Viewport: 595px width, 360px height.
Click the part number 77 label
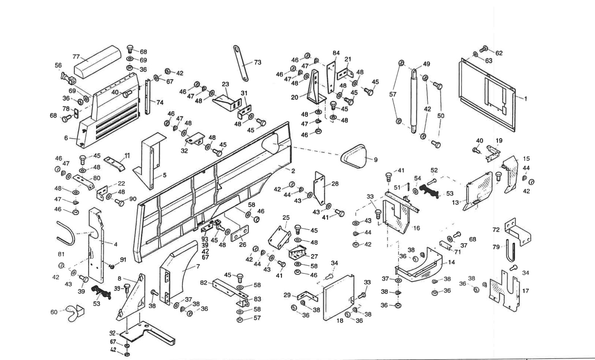[76, 57]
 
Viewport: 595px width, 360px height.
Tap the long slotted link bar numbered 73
[241, 63]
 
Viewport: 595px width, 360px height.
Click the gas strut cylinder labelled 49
[414, 99]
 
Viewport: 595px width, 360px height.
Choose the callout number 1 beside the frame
[526, 98]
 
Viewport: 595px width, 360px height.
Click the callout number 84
[336, 53]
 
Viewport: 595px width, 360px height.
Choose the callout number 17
[525, 291]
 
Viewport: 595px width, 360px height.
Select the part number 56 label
[58, 66]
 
